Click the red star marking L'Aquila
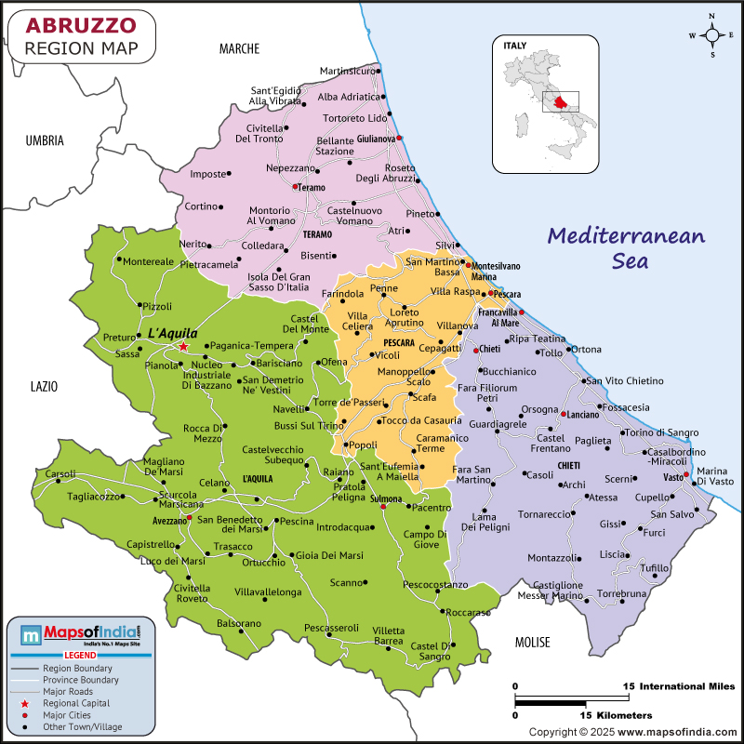click(x=183, y=346)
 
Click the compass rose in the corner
click(x=711, y=36)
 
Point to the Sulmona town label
click(x=385, y=499)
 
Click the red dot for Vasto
click(x=686, y=474)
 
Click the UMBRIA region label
click(x=45, y=140)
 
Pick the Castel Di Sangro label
click(x=431, y=651)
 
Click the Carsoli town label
click(x=61, y=473)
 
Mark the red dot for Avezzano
click(x=189, y=517)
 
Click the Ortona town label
click(x=586, y=350)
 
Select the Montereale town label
click(x=148, y=261)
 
